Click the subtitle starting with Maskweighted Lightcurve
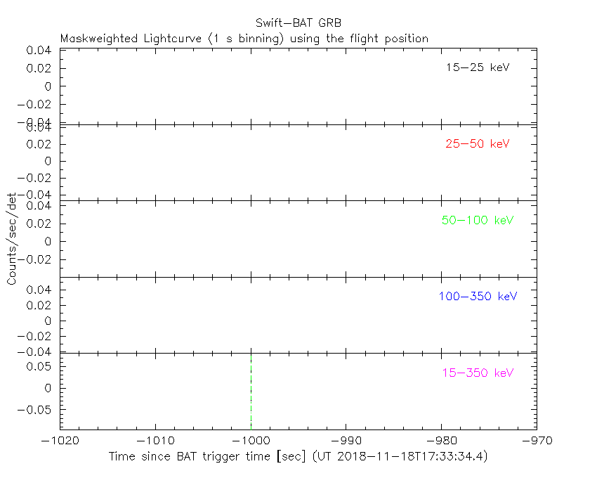(244, 39)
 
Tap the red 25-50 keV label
(477, 144)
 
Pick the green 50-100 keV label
(478, 221)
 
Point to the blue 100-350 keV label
(478, 297)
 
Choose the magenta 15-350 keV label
(478, 373)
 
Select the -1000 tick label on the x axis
(251, 441)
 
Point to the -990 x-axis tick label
(346, 441)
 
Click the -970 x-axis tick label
(536, 441)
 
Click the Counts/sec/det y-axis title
(12, 239)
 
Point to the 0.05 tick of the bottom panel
(41, 366)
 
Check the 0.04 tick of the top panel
(39, 51)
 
